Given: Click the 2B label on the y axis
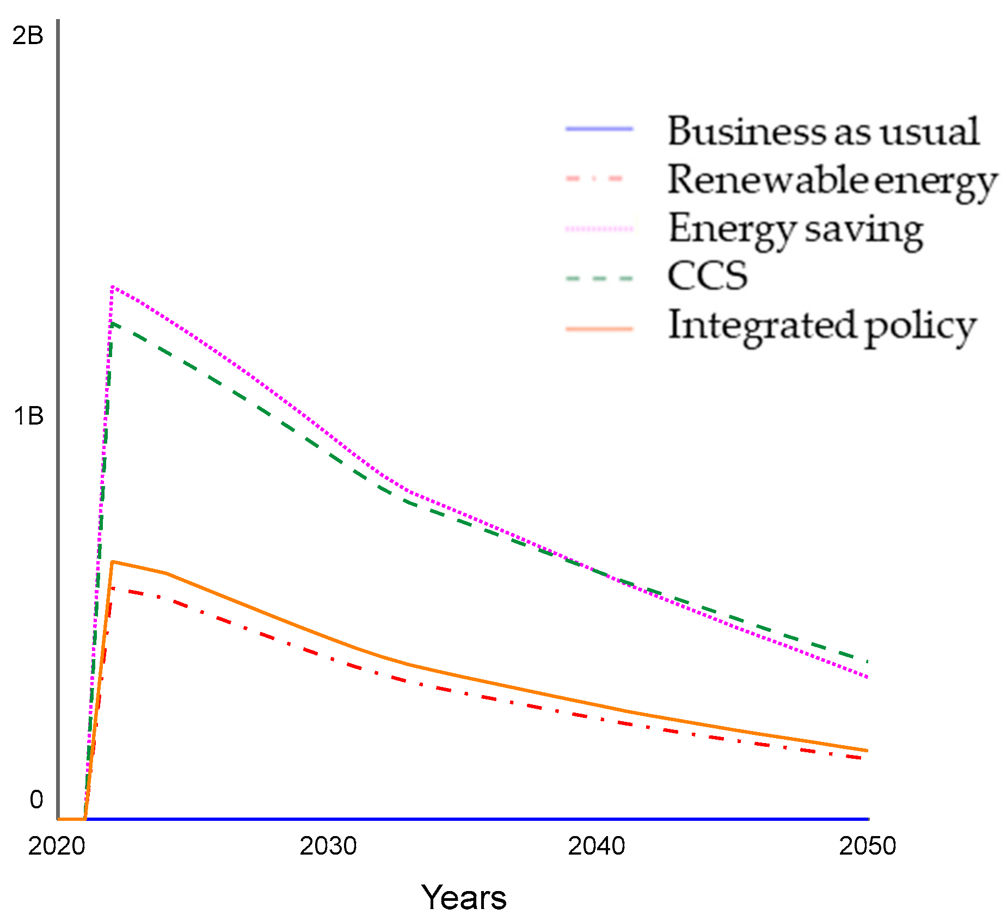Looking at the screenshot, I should click(x=28, y=36).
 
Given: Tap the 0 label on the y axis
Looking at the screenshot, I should click(x=36, y=800).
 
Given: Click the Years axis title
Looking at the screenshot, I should click(x=464, y=898).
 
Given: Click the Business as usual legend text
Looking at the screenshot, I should click(x=823, y=131).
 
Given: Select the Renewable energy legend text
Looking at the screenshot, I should click(x=832, y=181).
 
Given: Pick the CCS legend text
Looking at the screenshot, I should click(x=707, y=276).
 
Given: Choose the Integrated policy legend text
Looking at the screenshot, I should click(x=822, y=326).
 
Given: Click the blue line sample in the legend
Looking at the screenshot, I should click(x=599, y=129).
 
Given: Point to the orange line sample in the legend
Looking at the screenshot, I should click(x=599, y=329).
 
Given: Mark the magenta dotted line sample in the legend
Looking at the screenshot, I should click(x=599, y=229).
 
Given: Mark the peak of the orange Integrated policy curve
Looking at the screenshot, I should click(x=112, y=562).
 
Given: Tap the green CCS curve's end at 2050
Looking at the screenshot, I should click(x=867, y=661).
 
